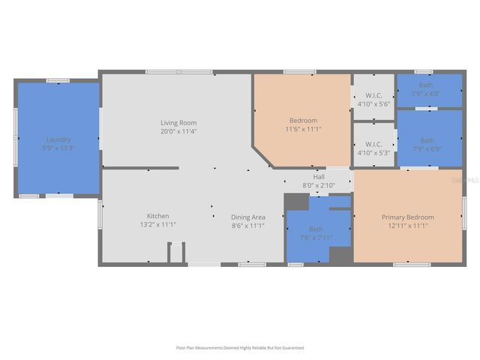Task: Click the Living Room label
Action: click(x=178, y=122)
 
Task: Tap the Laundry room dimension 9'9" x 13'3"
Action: click(x=58, y=148)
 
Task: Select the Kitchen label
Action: click(x=157, y=216)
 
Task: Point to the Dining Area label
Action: click(x=247, y=217)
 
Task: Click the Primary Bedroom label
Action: click(x=407, y=217)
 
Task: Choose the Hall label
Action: click(x=319, y=177)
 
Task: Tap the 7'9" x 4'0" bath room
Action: click(x=426, y=89)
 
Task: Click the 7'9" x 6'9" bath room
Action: click(x=427, y=143)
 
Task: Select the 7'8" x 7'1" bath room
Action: click(x=316, y=233)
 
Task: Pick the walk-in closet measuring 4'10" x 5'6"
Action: click(x=373, y=99)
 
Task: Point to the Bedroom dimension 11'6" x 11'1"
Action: click(x=303, y=129)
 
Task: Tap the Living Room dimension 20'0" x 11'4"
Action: click(x=178, y=131)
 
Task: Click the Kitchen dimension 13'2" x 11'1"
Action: click(x=157, y=225)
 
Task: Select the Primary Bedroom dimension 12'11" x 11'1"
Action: click(x=407, y=226)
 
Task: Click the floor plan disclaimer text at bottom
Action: click(x=240, y=347)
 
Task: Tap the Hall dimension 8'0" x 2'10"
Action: click(x=319, y=185)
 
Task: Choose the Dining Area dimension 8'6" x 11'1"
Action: click(x=247, y=225)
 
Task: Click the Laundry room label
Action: click(x=58, y=139)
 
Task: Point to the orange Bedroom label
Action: click(x=303, y=120)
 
